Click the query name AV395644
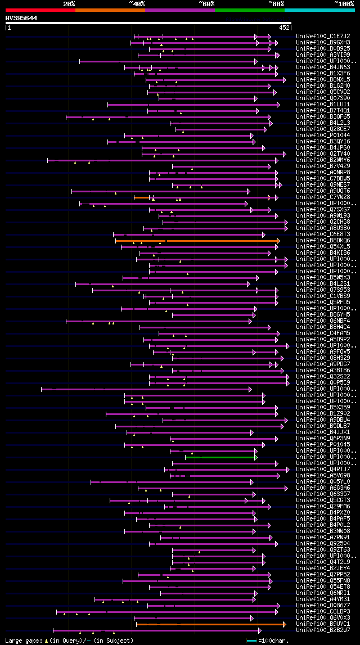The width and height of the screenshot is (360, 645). coord(21,18)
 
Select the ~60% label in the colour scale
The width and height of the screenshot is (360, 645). coord(206,4)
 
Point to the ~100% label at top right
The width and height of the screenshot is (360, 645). coord(344,4)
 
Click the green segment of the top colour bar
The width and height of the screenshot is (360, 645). coord(249,10)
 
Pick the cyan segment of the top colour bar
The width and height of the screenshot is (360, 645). coord(319,10)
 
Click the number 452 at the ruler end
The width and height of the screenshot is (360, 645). coord(284,28)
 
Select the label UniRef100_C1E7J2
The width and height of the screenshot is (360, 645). coord(323,36)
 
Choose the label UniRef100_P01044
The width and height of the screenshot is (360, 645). coord(323,136)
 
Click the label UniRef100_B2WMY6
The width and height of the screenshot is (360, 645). coord(323,160)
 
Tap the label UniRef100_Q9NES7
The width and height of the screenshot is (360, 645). coord(323,185)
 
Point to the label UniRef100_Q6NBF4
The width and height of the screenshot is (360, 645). coord(323,321)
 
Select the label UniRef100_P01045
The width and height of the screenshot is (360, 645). coord(323,445)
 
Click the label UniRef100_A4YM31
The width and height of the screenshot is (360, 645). coord(323,599)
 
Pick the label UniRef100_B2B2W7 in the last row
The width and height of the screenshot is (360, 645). coord(323,630)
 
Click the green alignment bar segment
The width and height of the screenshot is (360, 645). coord(220,457)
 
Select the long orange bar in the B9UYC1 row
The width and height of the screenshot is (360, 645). coord(211,624)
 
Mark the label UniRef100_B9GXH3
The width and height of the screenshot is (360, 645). coord(323,42)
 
